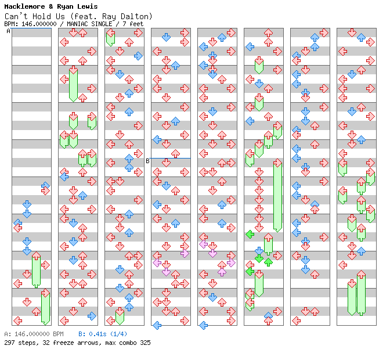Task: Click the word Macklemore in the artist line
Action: [23, 6]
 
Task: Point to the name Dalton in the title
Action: [138, 16]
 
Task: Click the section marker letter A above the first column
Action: [9, 31]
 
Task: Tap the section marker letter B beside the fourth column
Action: [147, 161]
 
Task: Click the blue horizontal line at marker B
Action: [171, 158]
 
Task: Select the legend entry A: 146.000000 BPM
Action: [34, 334]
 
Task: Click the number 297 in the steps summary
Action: [9, 343]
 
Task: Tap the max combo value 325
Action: [145, 343]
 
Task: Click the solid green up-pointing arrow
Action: [268, 262]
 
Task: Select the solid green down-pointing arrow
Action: [259, 258]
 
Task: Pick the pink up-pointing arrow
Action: [222, 271]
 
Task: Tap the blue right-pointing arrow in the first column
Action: [45, 188]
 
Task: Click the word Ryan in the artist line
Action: [64, 6]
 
